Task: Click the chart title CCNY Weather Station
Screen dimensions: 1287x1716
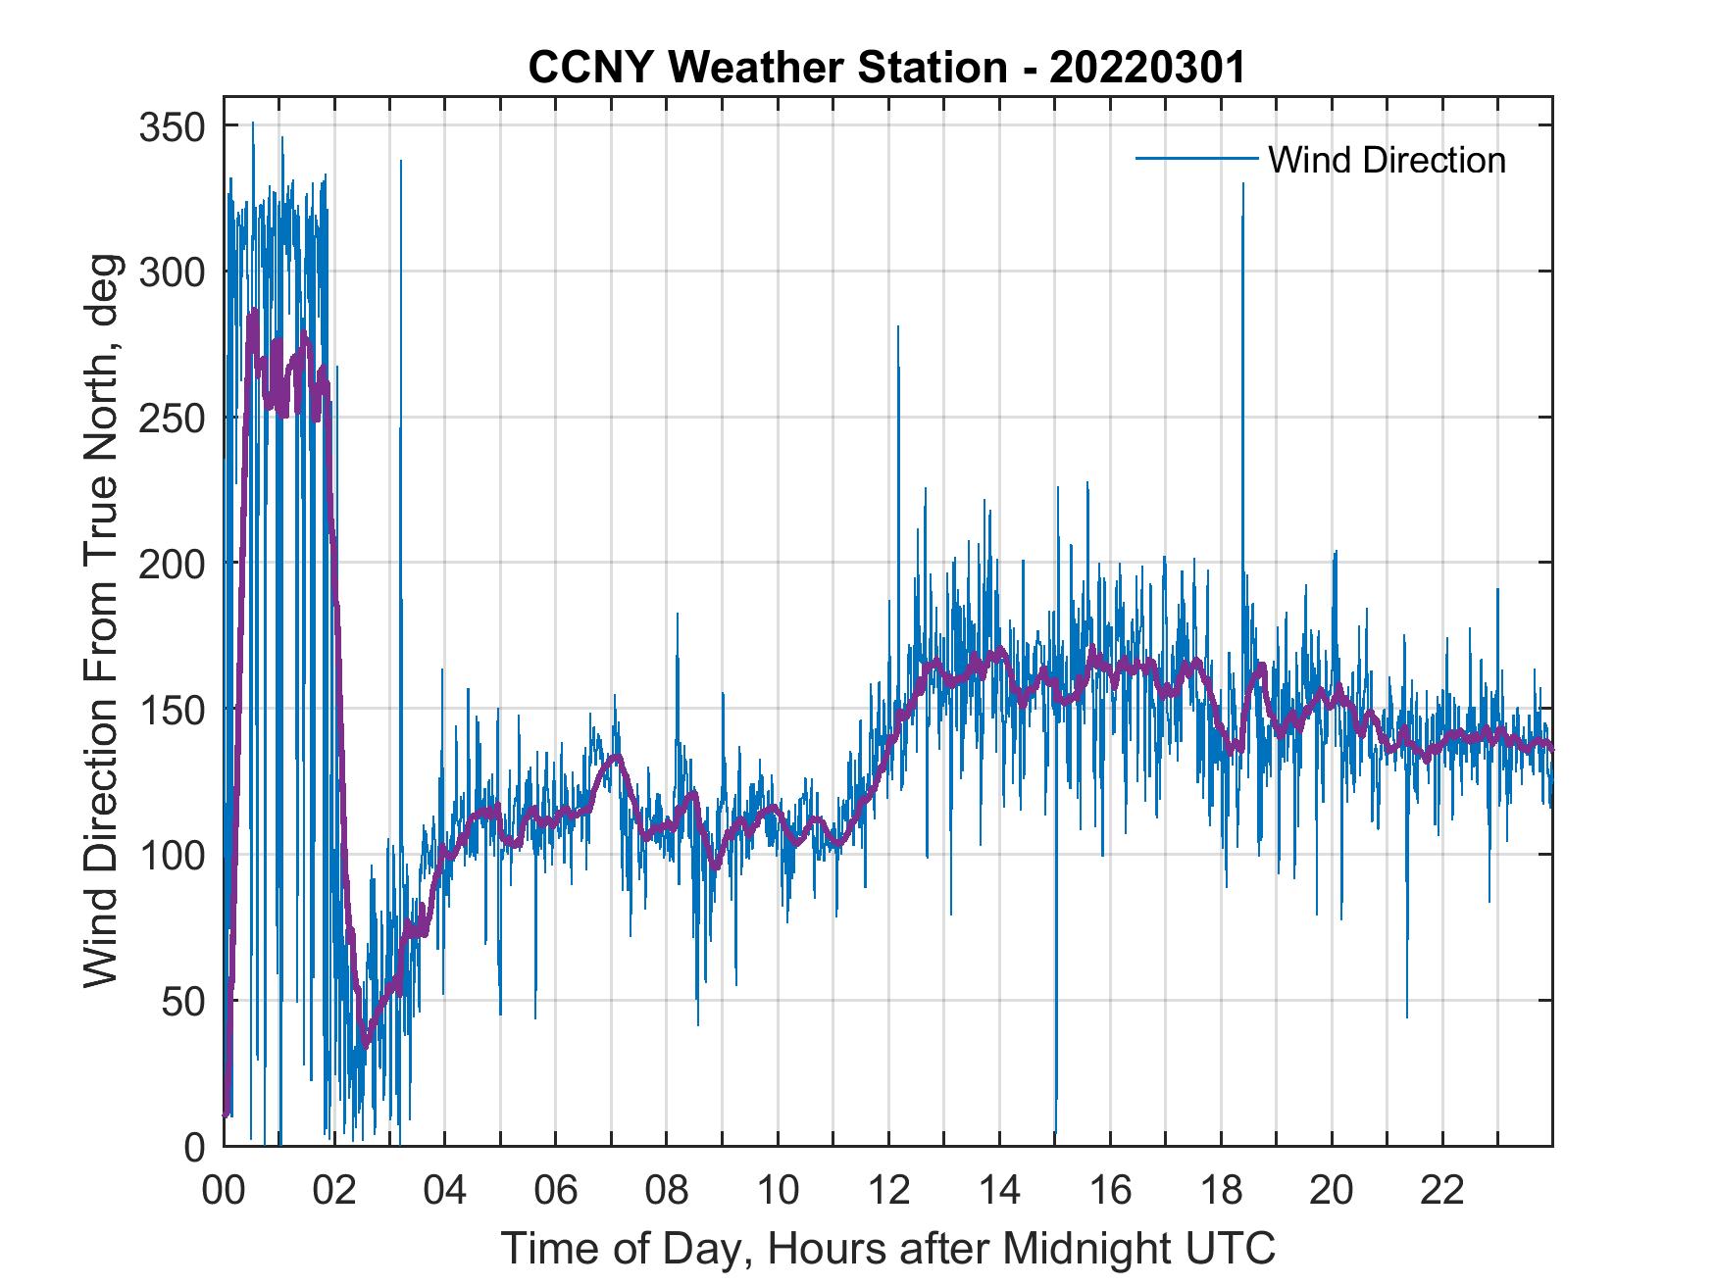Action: pos(886,68)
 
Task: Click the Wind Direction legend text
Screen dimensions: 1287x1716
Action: pos(1387,160)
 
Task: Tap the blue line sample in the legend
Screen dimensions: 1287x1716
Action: pos(1196,159)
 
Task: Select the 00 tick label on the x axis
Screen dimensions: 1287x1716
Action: pos(224,1190)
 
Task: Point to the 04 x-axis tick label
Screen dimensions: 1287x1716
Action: pos(444,1190)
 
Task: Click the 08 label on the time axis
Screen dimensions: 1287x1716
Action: pos(667,1190)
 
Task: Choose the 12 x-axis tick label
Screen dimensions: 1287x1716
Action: pos(888,1190)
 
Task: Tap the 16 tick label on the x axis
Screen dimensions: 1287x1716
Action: pos(1110,1190)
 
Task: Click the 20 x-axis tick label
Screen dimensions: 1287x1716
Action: pos(1332,1190)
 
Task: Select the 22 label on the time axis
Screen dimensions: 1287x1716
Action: pos(1442,1190)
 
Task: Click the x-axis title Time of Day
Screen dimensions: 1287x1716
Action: pos(888,1248)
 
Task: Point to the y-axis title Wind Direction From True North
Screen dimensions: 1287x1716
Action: pos(101,621)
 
